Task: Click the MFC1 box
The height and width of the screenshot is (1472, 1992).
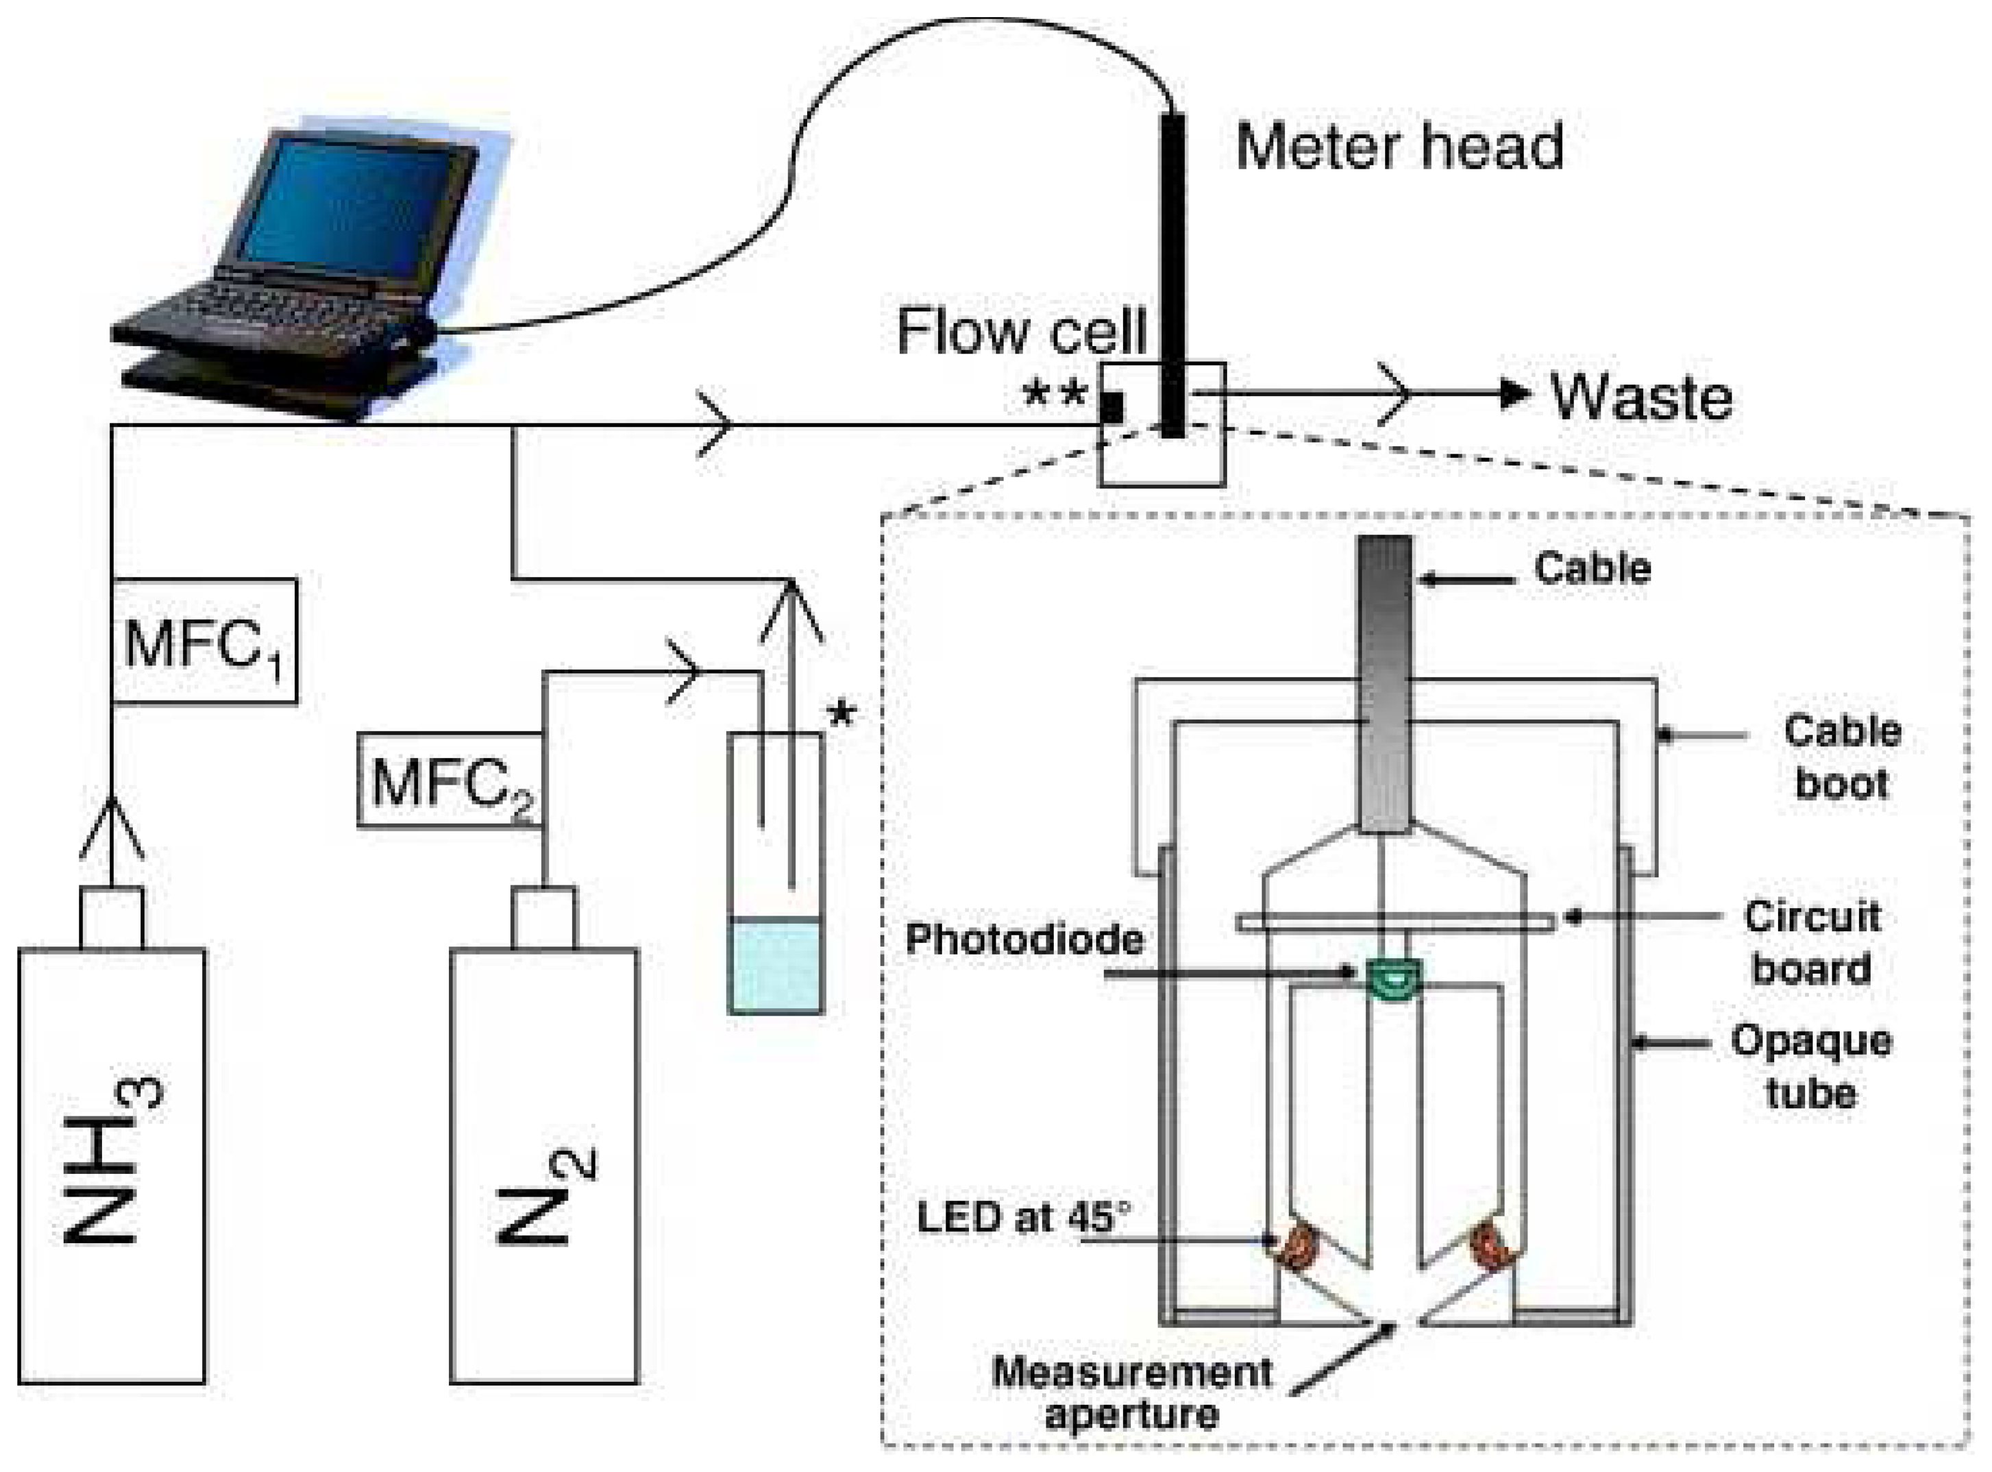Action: pyautogui.click(x=204, y=641)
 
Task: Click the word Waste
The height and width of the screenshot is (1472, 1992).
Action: pyautogui.click(x=1641, y=397)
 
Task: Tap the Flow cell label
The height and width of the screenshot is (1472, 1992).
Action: pyautogui.click(x=1021, y=332)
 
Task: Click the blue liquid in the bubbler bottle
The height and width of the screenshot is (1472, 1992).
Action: pyautogui.click(x=775, y=967)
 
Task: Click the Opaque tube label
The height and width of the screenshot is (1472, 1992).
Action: pyautogui.click(x=1811, y=1066)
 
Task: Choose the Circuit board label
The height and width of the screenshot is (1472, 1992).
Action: pyautogui.click(x=1811, y=942)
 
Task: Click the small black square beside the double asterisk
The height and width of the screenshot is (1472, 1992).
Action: pyautogui.click(x=1112, y=407)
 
